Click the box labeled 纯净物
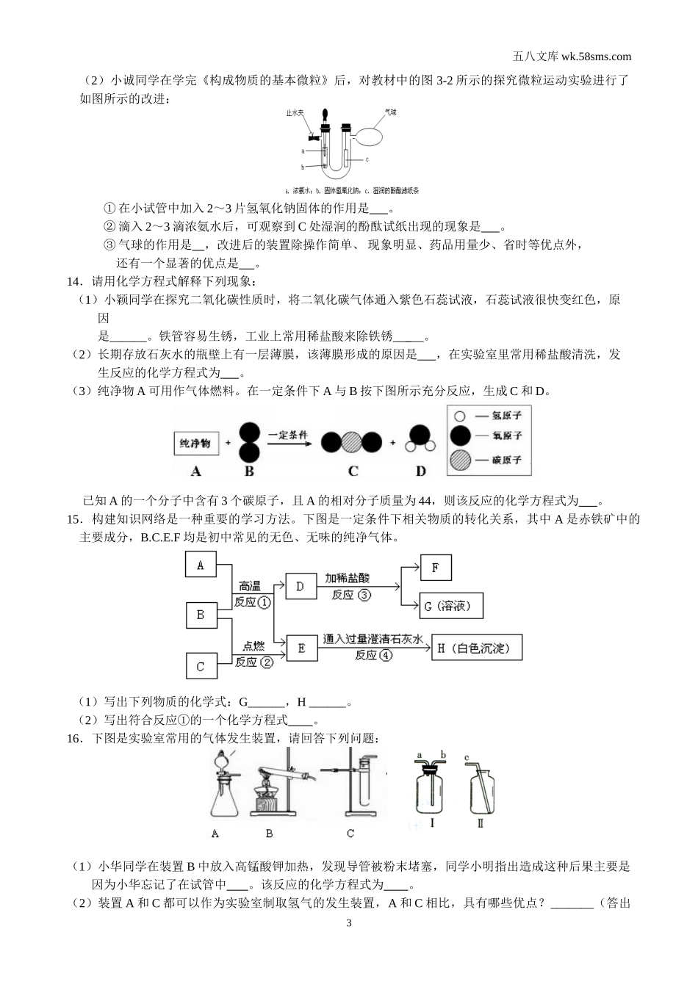[195, 443]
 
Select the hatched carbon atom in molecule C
[352, 442]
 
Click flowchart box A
[201, 565]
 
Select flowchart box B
[201, 615]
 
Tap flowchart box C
[201, 666]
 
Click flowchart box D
[300, 586]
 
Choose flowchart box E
[301, 648]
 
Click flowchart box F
[436, 568]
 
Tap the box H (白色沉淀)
[478, 648]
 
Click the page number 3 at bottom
[349, 922]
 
